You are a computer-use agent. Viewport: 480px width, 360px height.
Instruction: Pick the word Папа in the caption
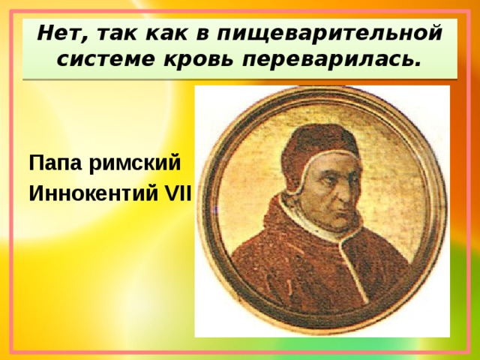tap(55, 163)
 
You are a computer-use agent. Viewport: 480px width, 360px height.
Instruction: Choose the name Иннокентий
tap(92, 194)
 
